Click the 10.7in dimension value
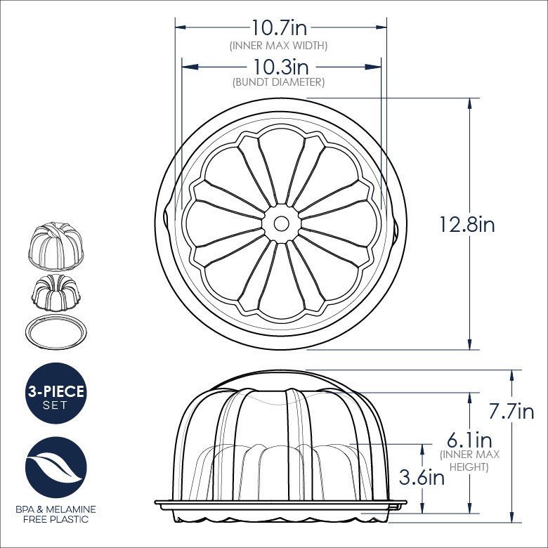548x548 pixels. point(280,28)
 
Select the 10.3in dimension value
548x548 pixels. point(281,67)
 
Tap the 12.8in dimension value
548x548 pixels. point(467,225)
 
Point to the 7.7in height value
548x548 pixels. point(512,412)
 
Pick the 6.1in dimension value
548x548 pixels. point(469,441)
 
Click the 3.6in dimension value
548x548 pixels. point(421,478)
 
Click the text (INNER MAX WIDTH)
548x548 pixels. point(279,45)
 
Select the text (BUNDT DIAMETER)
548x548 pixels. point(278,82)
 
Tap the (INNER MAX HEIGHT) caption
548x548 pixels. point(469,460)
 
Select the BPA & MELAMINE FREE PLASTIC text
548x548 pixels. point(56,514)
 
